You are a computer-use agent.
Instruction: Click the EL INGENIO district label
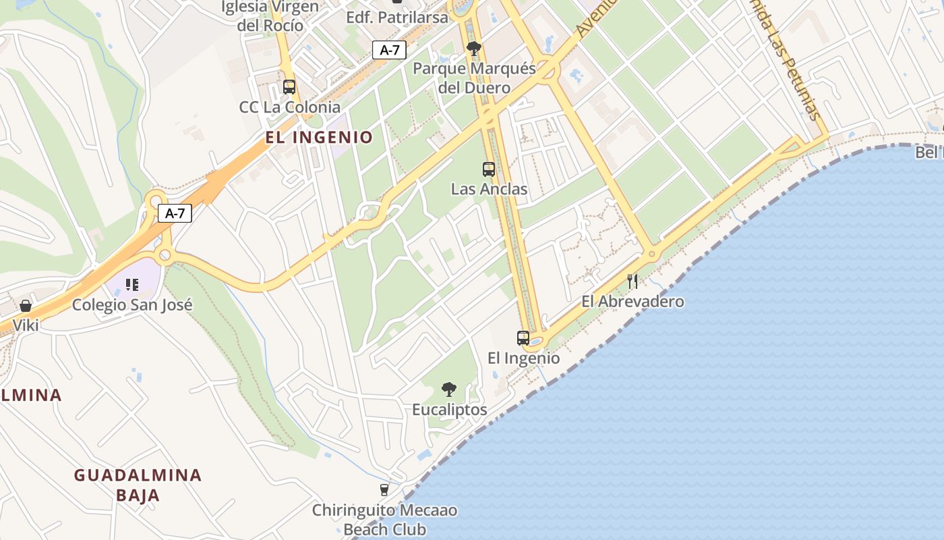coord(319,138)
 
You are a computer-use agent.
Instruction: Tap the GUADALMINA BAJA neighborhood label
coord(138,485)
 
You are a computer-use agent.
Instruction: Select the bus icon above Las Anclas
coord(489,169)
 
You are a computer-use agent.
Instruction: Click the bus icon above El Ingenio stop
coord(523,337)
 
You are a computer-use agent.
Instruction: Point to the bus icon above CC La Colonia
coord(289,87)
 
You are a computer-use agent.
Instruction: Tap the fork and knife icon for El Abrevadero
coord(632,281)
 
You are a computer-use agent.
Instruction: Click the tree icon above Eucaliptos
coord(448,389)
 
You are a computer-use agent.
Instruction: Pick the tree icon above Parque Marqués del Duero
coord(474,48)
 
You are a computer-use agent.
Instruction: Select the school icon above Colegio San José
coord(132,285)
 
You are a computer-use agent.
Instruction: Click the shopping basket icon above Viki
coord(26,306)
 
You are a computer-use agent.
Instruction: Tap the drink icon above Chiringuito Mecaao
coord(384,490)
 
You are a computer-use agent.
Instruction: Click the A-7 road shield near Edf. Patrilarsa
coord(390,49)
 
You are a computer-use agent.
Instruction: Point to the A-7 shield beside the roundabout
coord(175,213)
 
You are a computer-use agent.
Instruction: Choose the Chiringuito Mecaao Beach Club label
coord(384,520)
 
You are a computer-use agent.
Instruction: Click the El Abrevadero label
coord(632,302)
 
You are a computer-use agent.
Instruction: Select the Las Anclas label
coord(489,189)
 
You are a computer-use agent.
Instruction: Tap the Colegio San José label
coord(132,304)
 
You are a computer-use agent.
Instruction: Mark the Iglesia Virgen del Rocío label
coord(270,16)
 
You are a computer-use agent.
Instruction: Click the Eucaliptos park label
coord(449,410)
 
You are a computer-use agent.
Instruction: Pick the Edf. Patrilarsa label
coord(396,18)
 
